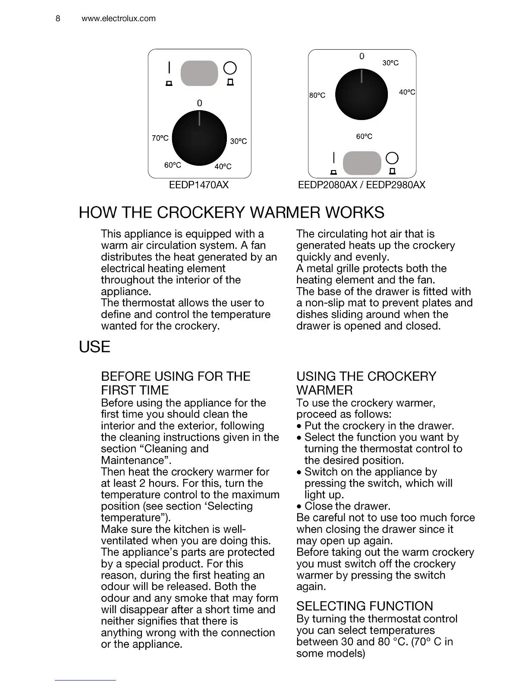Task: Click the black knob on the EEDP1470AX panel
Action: click(x=199, y=138)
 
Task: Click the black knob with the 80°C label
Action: click(x=361, y=94)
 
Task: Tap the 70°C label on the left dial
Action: click(x=160, y=138)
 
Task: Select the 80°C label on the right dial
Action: click(x=317, y=95)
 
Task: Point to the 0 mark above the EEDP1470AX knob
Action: click(x=199, y=103)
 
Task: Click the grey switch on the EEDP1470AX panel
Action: click(x=199, y=73)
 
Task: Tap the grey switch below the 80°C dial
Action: click(x=362, y=163)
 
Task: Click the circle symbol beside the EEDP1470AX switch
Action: click(x=230, y=68)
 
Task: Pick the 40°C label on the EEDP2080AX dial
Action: click(x=407, y=92)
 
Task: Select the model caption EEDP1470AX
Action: click(x=199, y=185)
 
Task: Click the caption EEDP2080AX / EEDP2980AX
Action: click(x=361, y=185)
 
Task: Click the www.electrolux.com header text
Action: click(x=118, y=19)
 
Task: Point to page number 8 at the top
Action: click(x=58, y=19)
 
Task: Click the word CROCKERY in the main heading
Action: click(x=202, y=212)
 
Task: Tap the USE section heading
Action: click(x=94, y=347)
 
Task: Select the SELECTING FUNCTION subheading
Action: click(x=365, y=606)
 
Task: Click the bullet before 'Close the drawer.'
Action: click(x=299, y=507)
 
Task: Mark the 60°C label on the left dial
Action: click(x=173, y=165)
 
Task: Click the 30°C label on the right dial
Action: click(x=390, y=63)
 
